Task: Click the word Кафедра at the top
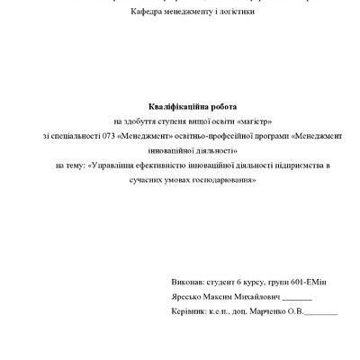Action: tap(147, 13)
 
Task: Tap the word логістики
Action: tap(231, 13)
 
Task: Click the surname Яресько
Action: tap(187, 297)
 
